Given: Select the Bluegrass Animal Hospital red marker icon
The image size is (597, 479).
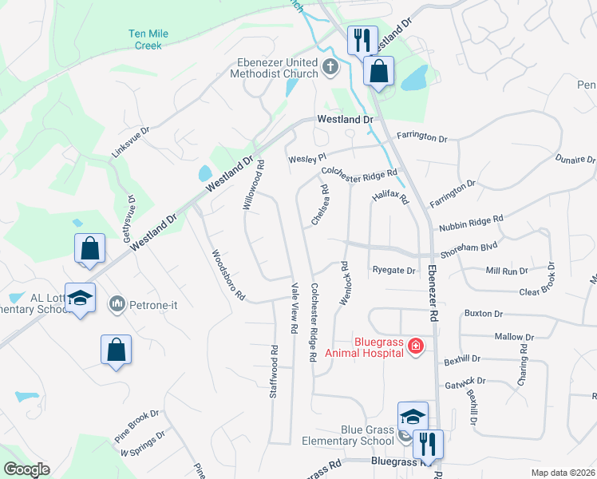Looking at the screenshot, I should (415, 346).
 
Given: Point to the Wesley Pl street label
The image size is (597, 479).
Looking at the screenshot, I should (307, 158).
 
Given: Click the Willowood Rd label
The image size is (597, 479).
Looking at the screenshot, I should (253, 184).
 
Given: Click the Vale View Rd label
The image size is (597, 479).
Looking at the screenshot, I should (294, 307).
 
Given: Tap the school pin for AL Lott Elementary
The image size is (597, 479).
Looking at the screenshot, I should (80, 299).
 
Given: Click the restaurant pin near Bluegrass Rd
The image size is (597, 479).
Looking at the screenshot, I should (427, 443).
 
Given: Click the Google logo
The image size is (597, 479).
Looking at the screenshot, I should (26, 469).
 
